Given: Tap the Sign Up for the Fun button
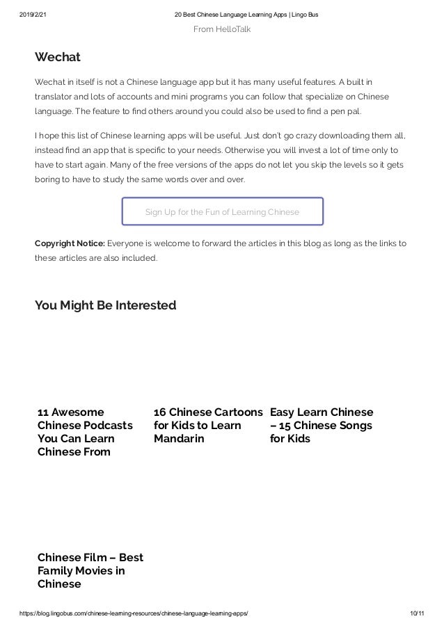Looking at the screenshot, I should tap(222, 211).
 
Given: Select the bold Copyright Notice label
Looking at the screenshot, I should tap(70, 243).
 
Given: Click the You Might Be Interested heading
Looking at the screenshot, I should tap(105, 305).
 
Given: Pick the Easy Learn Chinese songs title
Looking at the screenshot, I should tap(321, 425).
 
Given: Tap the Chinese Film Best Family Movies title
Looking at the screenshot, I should tap(90, 570).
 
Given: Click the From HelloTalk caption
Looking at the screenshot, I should tap(221, 29).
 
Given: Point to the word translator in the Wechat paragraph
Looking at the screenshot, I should tap(57, 97).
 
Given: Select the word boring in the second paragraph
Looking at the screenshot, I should tap(49, 179).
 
